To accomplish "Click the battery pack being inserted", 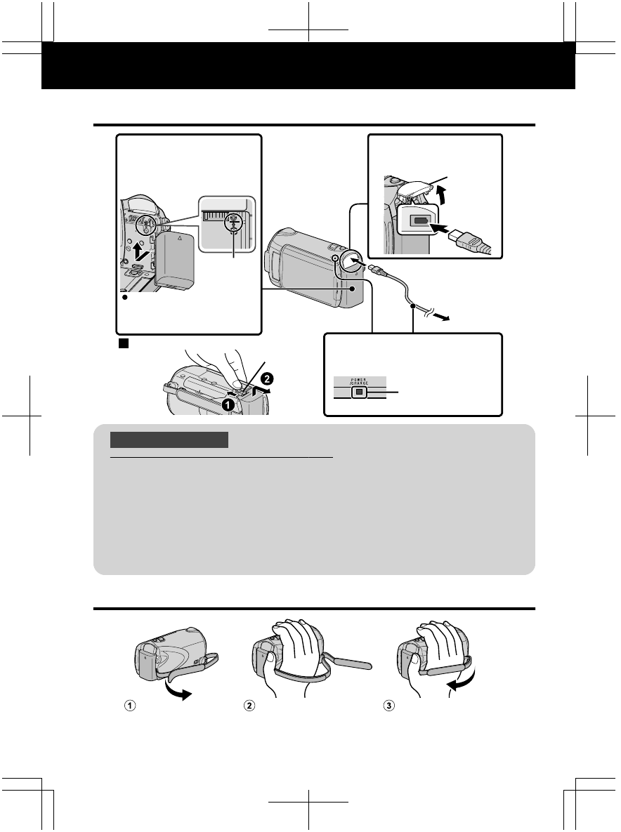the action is [x=173, y=262].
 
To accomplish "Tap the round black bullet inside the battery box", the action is [x=124, y=298].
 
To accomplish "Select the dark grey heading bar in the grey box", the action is [x=169, y=440].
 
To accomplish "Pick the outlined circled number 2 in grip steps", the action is [x=247, y=707].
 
